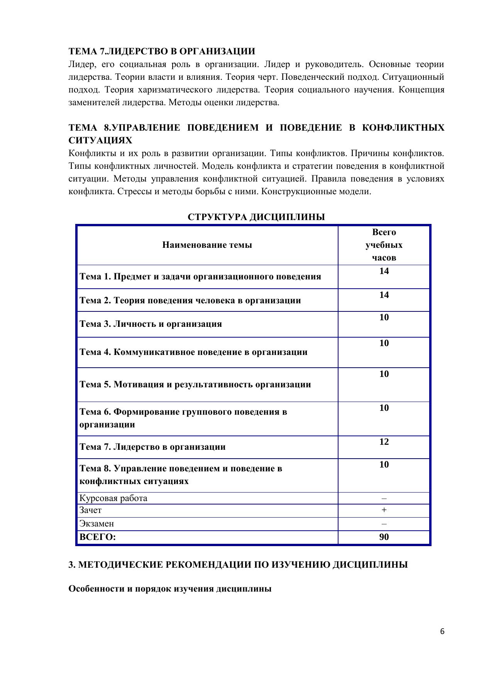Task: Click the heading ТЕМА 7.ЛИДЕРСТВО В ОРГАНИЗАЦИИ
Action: point(162,51)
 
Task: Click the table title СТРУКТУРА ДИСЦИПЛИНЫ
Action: point(256,217)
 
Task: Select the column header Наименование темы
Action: point(207,245)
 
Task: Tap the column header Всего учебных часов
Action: point(384,245)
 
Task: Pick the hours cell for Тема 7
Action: point(384,442)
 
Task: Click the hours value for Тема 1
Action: point(384,271)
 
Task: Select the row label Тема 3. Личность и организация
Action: point(151,324)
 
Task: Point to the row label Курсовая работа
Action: point(113,498)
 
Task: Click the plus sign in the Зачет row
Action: point(384,510)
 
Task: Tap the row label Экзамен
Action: point(96,524)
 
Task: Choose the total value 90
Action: point(384,537)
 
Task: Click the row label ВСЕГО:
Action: point(97,537)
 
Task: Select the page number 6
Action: point(442,631)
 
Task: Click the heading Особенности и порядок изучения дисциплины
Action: point(170,589)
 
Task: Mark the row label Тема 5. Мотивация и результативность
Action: point(195,385)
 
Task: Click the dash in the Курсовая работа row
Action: point(384,498)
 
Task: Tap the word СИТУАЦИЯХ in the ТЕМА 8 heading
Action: point(100,140)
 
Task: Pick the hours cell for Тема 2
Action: point(384,295)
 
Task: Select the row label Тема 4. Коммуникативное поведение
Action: point(193,352)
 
